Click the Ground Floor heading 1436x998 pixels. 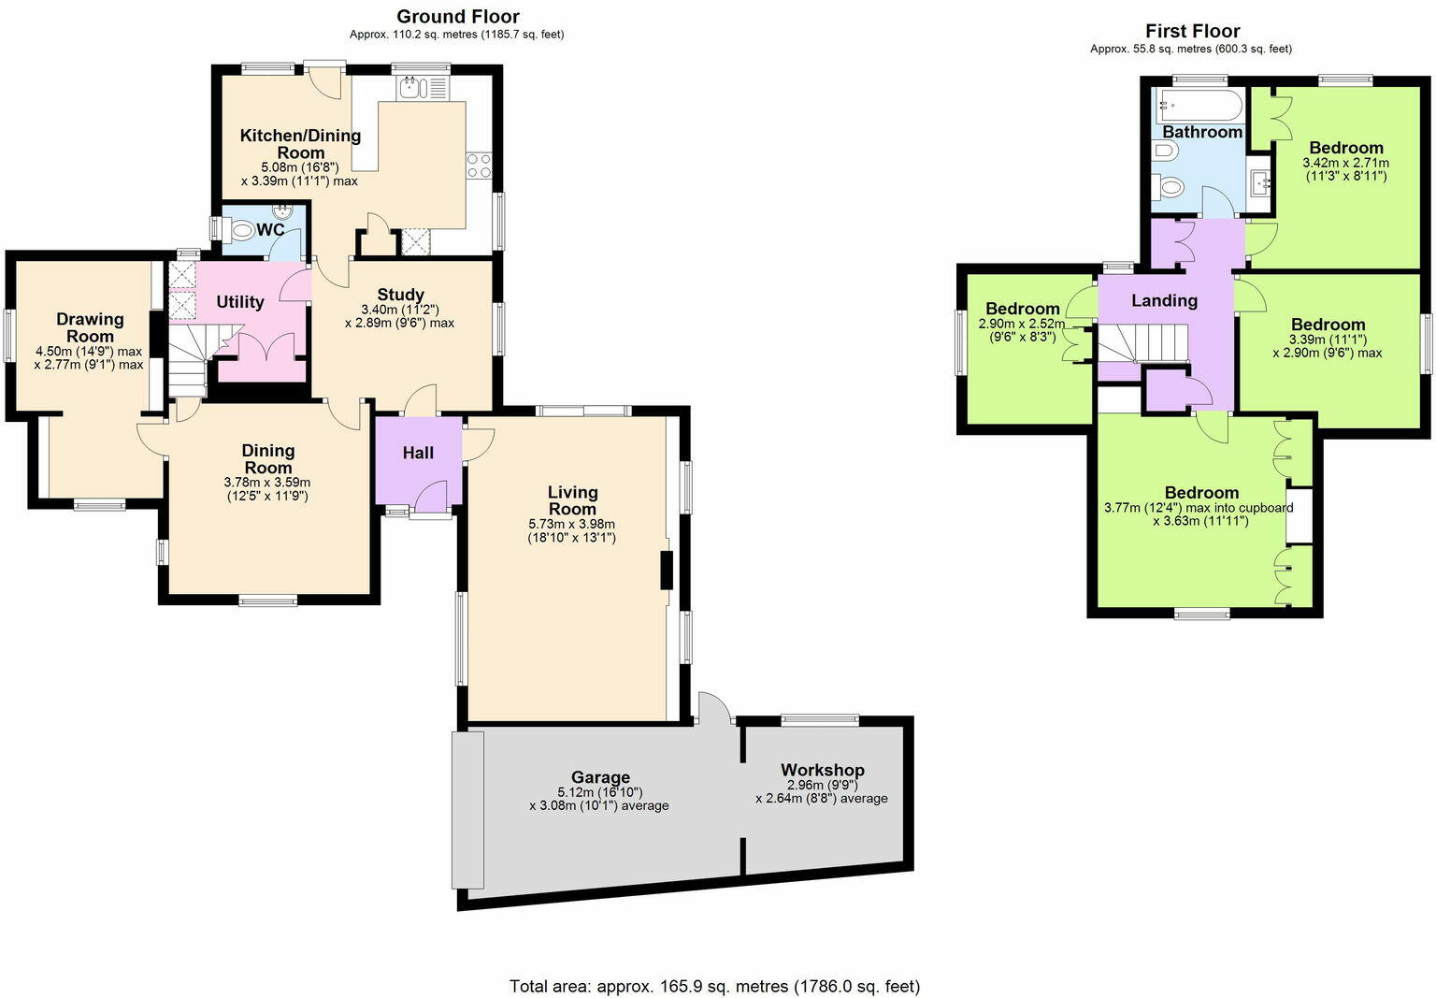tap(457, 16)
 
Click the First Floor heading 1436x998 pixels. tap(1192, 31)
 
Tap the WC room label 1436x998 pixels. tap(270, 229)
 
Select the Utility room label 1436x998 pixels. tap(240, 301)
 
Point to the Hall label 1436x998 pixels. tap(418, 453)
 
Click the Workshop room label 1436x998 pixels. tap(822, 770)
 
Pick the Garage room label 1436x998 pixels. tap(600, 776)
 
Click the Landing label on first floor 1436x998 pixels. tap(1164, 300)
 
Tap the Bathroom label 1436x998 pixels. tap(1201, 132)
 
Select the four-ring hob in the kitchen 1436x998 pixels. tap(479, 166)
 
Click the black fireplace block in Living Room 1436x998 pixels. tap(667, 571)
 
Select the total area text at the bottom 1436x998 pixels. tap(714, 986)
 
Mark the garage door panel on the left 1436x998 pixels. tap(467, 810)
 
